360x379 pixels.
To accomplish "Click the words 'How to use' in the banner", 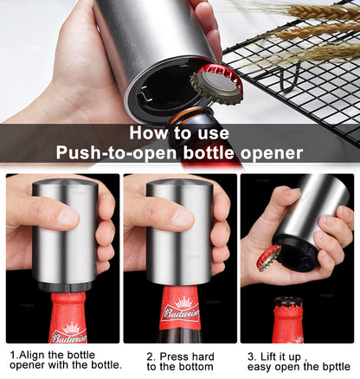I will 179,133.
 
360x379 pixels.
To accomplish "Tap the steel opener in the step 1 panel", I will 64,234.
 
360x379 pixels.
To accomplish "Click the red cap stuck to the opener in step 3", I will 269,256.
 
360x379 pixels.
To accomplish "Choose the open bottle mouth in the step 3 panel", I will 287,303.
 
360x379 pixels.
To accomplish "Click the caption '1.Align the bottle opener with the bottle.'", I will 66,360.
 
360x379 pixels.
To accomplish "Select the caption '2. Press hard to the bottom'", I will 181,360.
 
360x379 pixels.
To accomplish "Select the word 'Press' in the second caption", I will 174,355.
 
